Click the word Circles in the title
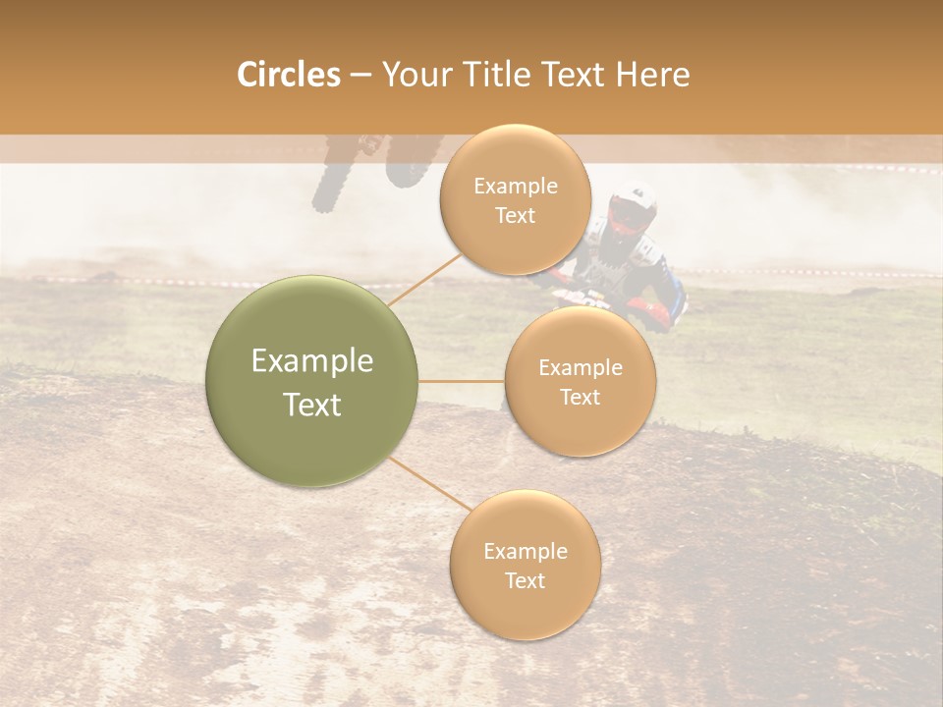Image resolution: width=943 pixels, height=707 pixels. pos(288,75)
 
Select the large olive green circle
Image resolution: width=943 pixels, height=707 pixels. pos(312,381)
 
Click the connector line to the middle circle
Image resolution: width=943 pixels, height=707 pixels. pos(462,381)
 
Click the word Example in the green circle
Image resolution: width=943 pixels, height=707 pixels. pos(312,361)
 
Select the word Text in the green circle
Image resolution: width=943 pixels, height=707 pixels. pos(312,405)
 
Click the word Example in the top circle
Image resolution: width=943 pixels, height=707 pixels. pos(515,187)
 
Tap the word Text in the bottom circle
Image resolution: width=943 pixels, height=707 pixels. pos(525,580)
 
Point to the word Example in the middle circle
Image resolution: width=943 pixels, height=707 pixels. pos(580,368)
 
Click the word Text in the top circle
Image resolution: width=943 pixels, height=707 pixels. pos(515,216)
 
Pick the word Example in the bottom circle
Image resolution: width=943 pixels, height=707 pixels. pos(525,552)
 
